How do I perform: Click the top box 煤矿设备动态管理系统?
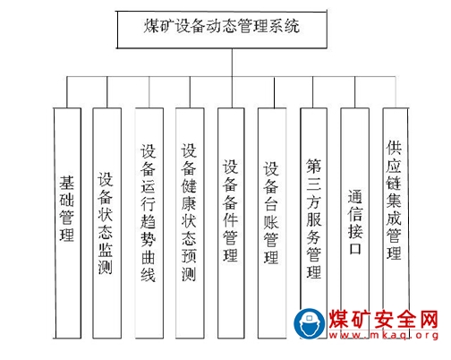click(222, 30)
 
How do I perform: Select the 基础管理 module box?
click(67, 223)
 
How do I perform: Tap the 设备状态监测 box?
click(107, 223)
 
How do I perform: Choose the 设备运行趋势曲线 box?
click(149, 223)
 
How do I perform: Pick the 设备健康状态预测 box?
click(190, 223)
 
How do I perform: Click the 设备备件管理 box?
click(231, 223)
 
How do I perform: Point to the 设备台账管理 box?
click(272, 223)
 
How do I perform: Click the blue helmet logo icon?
click(310, 324)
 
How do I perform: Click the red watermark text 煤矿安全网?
click(384, 319)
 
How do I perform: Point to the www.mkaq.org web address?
click(384, 335)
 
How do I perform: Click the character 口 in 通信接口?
click(355, 248)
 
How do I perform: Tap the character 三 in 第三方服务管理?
click(314, 184)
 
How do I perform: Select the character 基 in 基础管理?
click(66, 183)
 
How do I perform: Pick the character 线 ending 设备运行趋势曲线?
click(149, 275)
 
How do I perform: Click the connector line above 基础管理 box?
click(67, 92)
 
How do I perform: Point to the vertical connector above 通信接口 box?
click(355, 92)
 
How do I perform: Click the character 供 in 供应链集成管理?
click(394, 148)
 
